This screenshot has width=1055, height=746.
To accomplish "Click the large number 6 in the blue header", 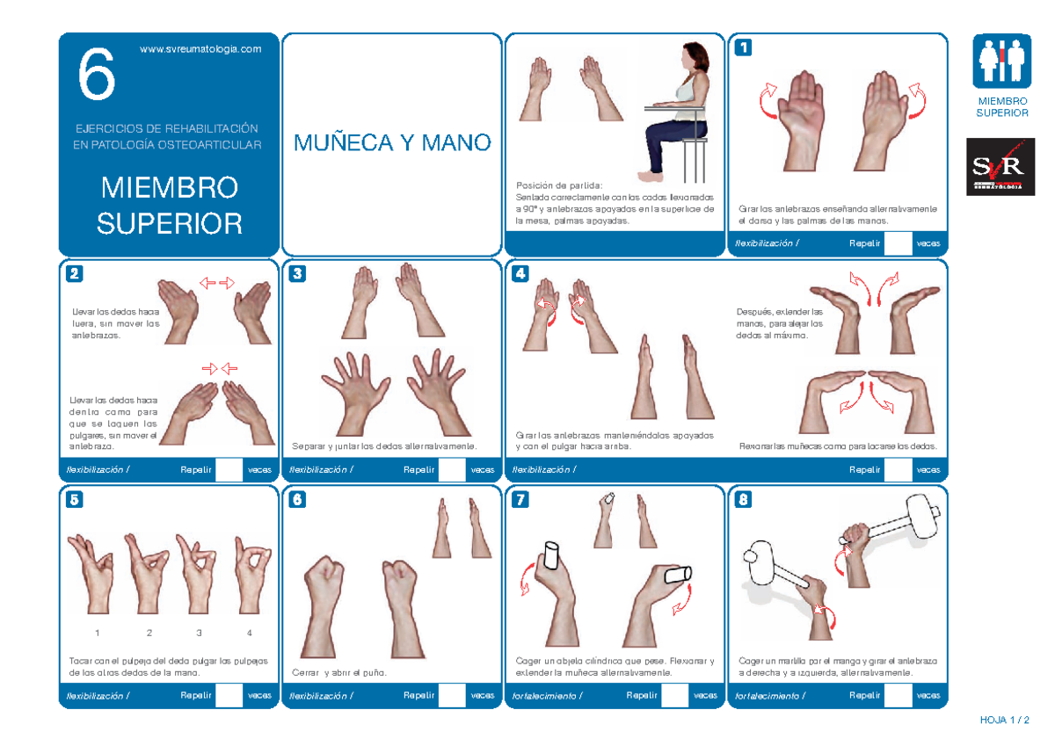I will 96,76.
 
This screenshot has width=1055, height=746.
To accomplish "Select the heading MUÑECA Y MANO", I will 392,142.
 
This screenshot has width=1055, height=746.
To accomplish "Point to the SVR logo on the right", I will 995,167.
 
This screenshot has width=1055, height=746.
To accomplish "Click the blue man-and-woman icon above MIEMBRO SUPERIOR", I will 1001,61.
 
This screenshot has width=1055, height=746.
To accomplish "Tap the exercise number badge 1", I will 745,48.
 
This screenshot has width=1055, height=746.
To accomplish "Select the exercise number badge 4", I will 521,273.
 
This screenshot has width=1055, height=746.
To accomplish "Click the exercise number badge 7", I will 521,500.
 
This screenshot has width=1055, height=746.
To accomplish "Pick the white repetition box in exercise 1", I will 897,243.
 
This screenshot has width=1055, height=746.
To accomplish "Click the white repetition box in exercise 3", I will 451,470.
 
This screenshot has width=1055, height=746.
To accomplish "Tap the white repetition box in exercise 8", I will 897,695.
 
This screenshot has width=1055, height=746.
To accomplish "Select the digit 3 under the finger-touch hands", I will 200,634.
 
